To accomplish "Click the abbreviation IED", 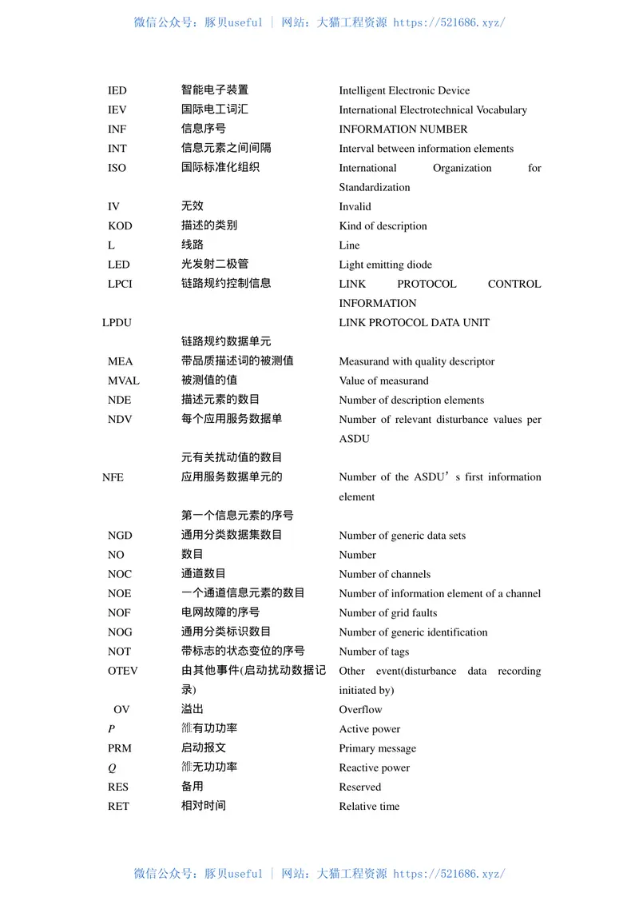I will click(x=117, y=90).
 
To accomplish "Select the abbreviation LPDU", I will click(x=117, y=322).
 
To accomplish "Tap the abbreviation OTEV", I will click(x=123, y=671).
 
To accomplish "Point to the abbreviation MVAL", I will click(x=124, y=381).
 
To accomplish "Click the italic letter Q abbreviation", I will click(x=112, y=767).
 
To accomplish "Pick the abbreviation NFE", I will click(x=113, y=477).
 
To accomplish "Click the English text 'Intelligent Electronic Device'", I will click(x=404, y=90).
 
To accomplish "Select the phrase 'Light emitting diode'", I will click(x=385, y=265).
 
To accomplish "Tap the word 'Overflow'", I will click(x=360, y=709).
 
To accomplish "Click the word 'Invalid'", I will click(x=355, y=206).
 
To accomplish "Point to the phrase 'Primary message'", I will click(x=377, y=748).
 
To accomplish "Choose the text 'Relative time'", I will click(x=369, y=806).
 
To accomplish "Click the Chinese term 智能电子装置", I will click(x=215, y=90).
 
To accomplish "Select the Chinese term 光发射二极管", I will click(x=215, y=264).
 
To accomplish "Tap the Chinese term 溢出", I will click(x=192, y=709).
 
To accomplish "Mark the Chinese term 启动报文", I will click(x=204, y=748).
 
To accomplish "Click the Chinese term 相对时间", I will click(x=204, y=806).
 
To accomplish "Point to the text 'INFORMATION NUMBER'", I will click(x=403, y=129).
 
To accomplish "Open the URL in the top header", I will click(x=449, y=22).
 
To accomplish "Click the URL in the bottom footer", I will click(x=449, y=874).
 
